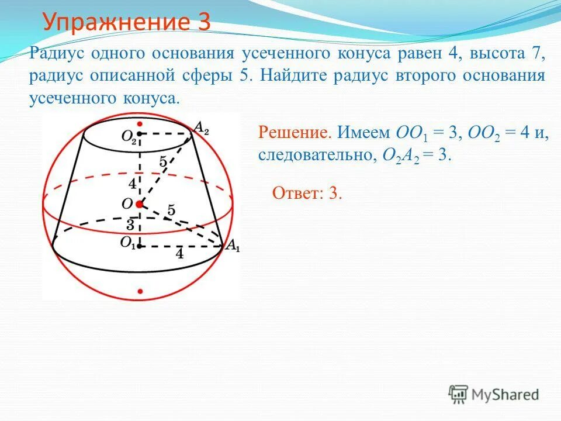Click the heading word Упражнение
tap(117, 23)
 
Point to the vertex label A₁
tap(233, 246)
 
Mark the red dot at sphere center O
tap(140, 204)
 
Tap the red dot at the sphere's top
tap(140, 124)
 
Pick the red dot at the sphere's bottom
tap(140, 290)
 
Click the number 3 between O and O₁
tap(131, 225)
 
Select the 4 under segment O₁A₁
tap(179, 254)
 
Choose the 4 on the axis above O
tap(133, 184)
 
